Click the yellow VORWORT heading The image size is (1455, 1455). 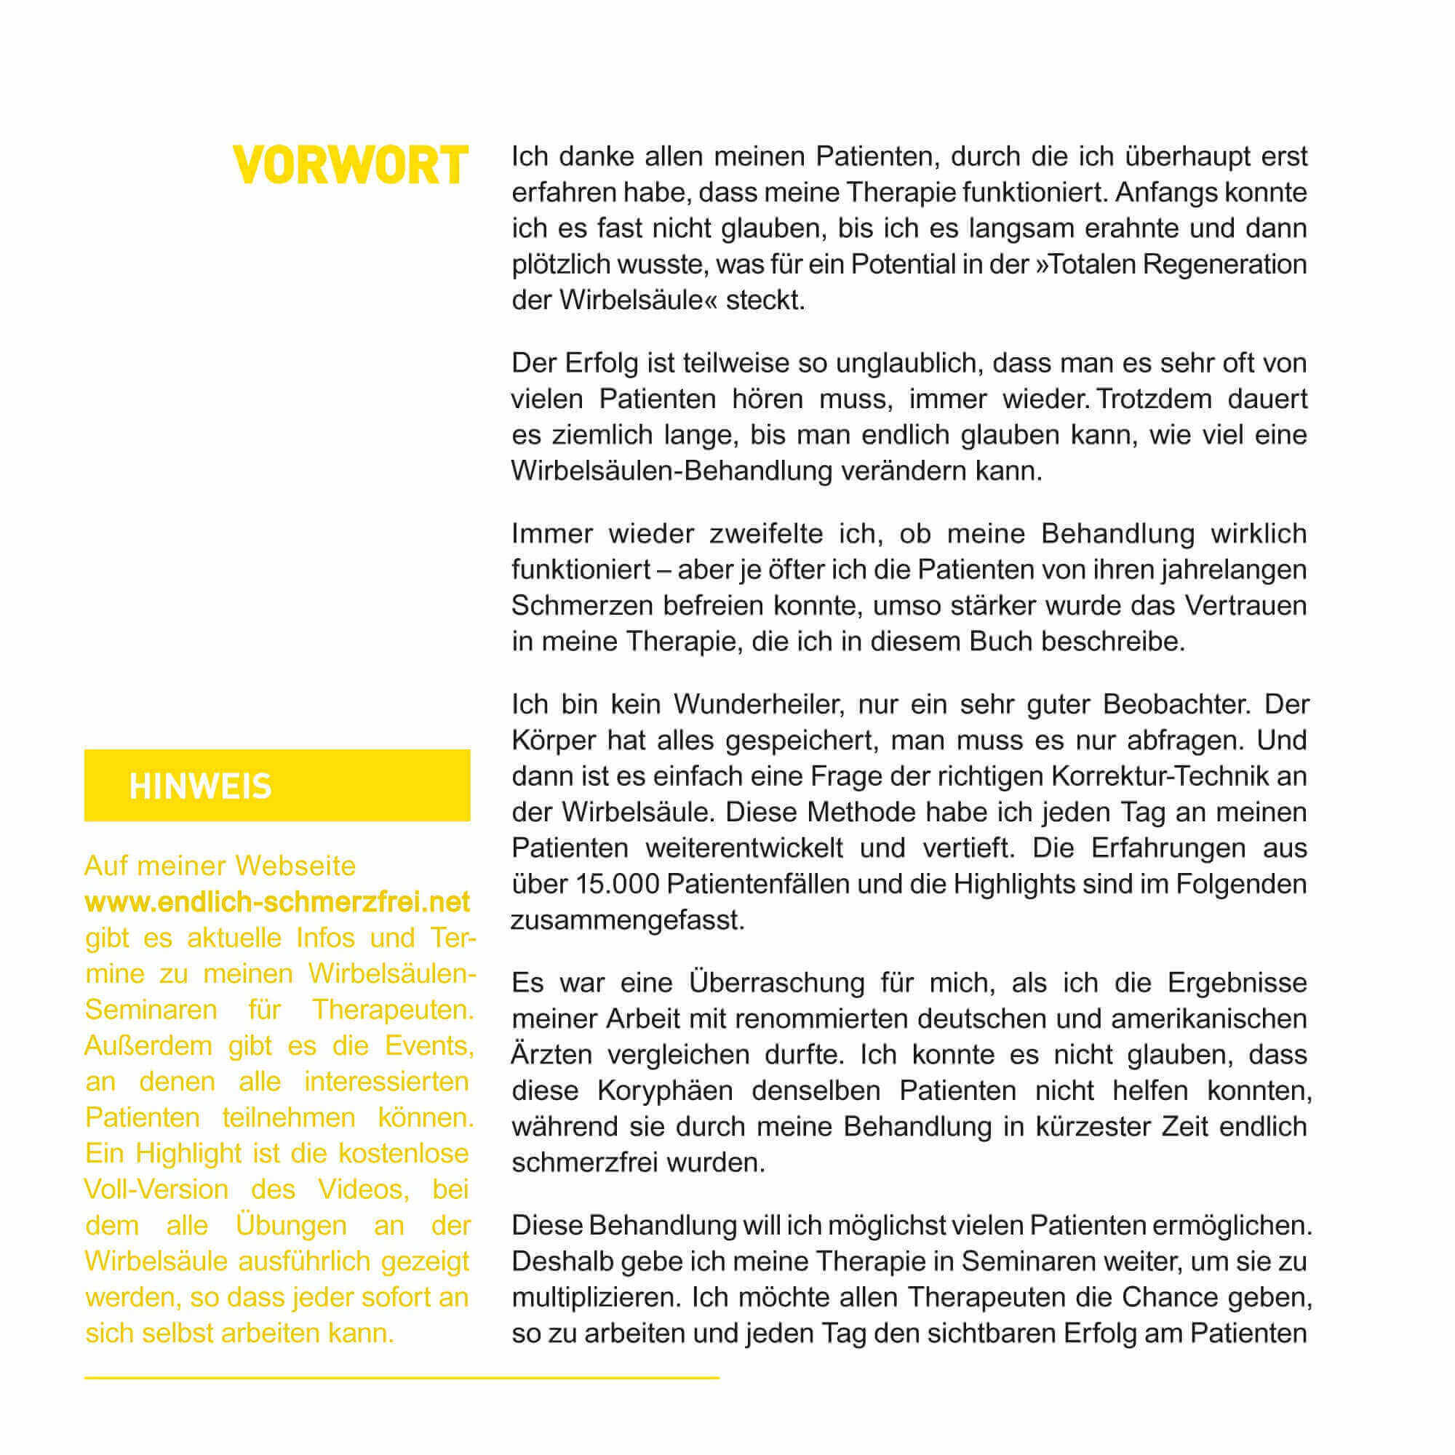[350, 166]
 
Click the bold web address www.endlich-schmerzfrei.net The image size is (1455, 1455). [277, 901]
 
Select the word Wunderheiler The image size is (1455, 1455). [756, 704]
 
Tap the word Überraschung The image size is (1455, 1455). [776, 983]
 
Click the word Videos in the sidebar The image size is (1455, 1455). [363, 1189]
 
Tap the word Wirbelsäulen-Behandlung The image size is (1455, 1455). [671, 471]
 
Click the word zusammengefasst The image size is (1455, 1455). [627, 920]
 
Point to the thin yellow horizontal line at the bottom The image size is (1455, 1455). [402, 1377]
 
